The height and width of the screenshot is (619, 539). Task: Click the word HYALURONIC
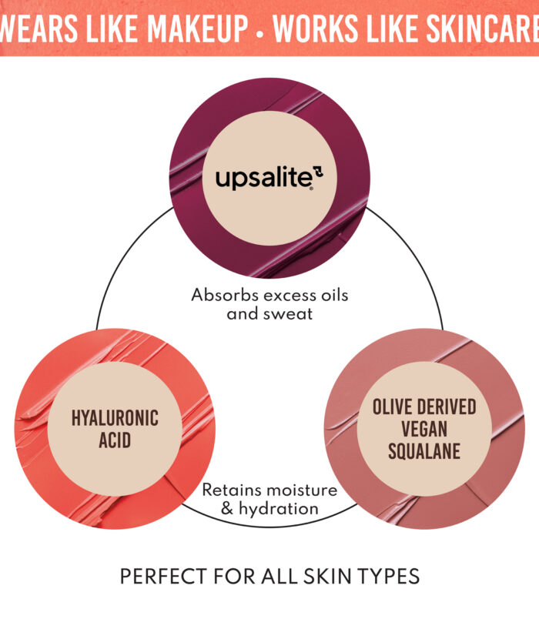[115, 418]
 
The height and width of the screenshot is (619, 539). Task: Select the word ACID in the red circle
[115, 442]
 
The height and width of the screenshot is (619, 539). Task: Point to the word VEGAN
[424, 429]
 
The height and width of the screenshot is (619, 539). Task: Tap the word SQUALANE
[424, 450]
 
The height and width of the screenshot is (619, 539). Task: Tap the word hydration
[280, 509]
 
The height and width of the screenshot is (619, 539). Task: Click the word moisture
[303, 490]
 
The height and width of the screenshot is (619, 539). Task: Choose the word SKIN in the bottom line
[327, 576]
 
